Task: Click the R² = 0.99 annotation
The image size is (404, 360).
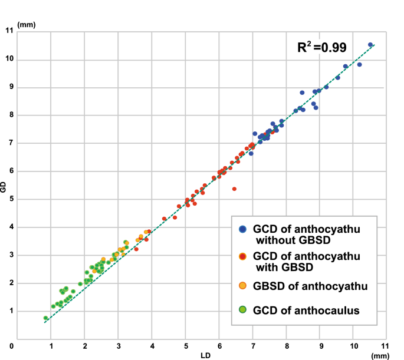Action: tap(321, 48)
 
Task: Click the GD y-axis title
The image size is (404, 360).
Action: tap(4, 187)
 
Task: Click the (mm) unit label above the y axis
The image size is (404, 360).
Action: tap(27, 25)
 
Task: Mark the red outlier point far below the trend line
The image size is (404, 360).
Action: tap(234, 189)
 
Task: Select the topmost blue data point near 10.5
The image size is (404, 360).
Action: tap(370, 45)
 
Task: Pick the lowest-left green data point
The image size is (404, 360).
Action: tap(45, 318)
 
